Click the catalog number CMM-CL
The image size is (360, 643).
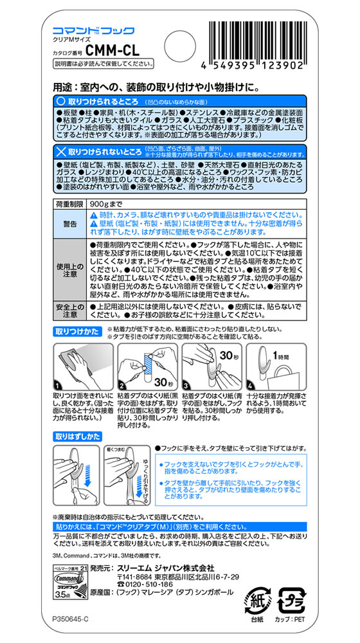click(111, 50)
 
